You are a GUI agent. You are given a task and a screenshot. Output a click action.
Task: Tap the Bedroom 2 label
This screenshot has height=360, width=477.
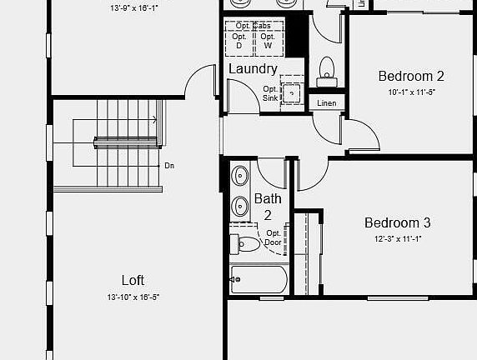pyautogui.click(x=411, y=76)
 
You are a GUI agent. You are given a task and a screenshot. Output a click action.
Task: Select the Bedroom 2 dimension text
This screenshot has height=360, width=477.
pyautogui.click(x=411, y=92)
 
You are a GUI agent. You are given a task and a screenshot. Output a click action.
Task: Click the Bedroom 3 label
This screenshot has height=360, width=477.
pyautogui.click(x=397, y=222)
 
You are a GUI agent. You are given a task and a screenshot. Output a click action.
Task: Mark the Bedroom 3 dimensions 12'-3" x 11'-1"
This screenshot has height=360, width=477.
pyautogui.click(x=397, y=239)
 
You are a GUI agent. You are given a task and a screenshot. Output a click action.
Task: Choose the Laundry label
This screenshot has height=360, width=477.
pyautogui.click(x=253, y=68)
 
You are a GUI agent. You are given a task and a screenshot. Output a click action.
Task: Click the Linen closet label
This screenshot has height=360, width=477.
pyautogui.click(x=326, y=102)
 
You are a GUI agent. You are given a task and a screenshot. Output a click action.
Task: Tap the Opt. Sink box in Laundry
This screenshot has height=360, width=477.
pyautogui.click(x=290, y=92)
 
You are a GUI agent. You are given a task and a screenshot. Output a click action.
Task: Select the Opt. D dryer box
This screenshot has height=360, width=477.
pyautogui.click(x=239, y=41)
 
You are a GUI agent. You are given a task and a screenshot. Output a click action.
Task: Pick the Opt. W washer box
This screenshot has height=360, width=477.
pyautogui.click(x=267, y=41)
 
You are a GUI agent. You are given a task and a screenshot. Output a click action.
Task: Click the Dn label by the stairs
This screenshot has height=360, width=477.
pyautogui.click(x=169, y=166)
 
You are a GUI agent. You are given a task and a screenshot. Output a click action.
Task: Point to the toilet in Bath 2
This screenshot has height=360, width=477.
pyautogui.click(x=249, y=244)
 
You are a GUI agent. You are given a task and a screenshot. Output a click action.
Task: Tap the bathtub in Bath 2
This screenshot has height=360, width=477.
pyautogui.click(x=259, y=278)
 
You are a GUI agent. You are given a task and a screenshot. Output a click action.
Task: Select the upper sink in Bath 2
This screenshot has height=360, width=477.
pyautogui.click(x=240, y=176)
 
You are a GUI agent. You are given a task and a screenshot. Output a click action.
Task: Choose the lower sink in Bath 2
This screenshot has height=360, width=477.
pyautogui.click(x=240, y=204)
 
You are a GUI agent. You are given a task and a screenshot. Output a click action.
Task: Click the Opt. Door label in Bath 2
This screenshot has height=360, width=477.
pyautogui.click(x=274, y=238)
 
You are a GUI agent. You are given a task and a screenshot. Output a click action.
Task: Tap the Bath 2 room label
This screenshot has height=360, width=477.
pyautogui.click(x=268, y=207)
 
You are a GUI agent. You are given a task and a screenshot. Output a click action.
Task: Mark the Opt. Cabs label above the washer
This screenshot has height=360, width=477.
pyautogui.click(x=254, y=26)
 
